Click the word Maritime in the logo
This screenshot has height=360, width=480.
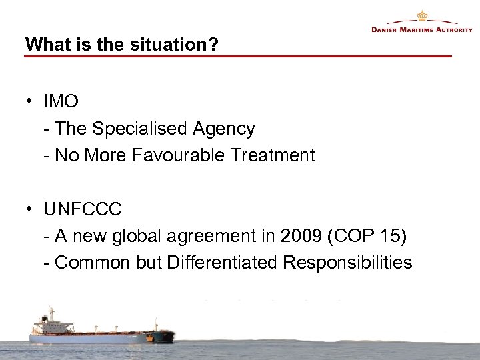(415, 30)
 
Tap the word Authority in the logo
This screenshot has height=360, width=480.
(455, 30)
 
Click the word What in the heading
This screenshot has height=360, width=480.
(43, 45)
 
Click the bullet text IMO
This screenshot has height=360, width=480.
(61, 102)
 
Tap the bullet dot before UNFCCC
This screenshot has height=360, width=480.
(31, 209)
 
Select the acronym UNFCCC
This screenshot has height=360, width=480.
(83, 209)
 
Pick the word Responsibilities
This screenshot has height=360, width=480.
(347, 263)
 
